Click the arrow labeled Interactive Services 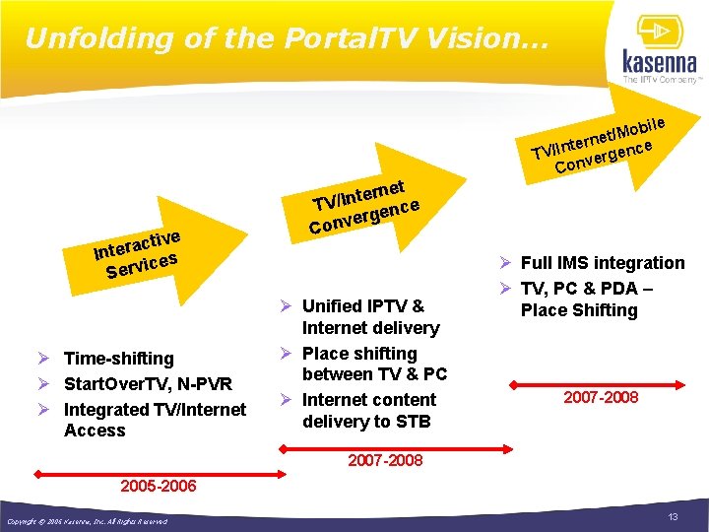[x=137, y=251]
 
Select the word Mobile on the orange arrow [x=641, y=126]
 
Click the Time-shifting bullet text [x=118, y=359]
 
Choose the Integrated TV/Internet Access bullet [x=155, y=420]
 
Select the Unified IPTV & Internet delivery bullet [x=370, y=316]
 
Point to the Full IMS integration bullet [x=602, y=263]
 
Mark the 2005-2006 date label [x=158, y=486]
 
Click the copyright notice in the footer [x=87, y=521]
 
